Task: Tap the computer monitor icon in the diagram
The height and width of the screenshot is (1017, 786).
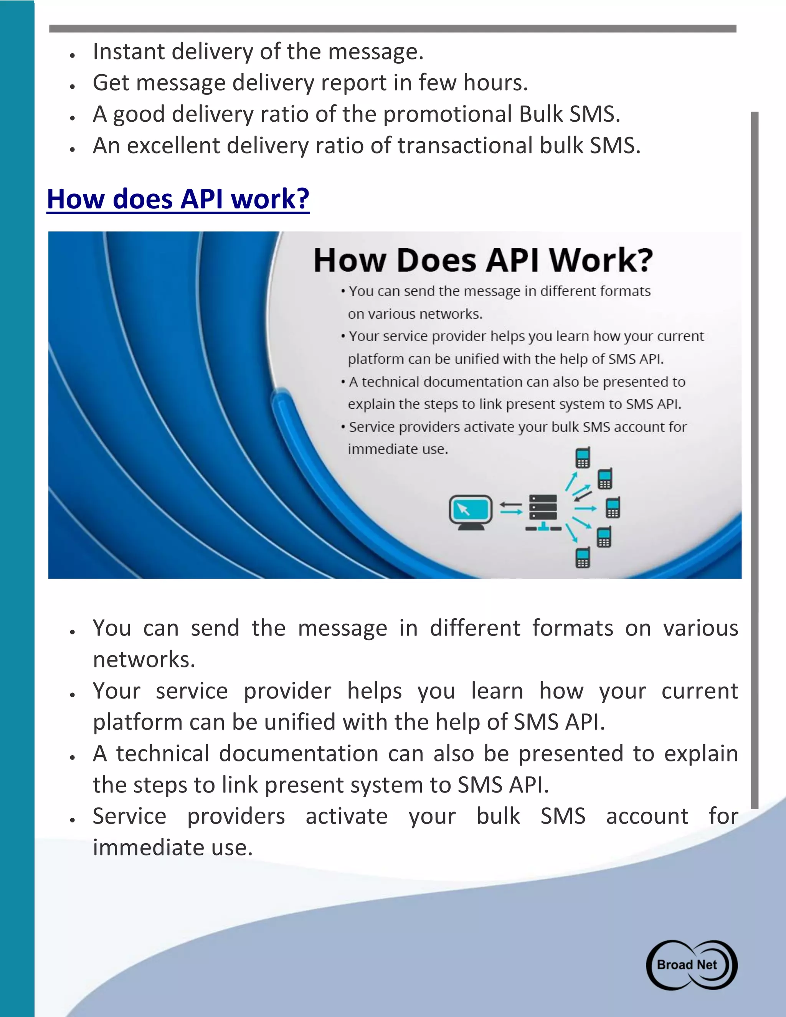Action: (x=470, y=512)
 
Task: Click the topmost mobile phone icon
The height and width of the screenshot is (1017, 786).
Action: (x=583, y=457)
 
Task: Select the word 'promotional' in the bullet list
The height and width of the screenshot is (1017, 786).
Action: (x=447, y=114)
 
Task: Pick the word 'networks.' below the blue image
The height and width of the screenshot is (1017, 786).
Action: (x=144, y=659)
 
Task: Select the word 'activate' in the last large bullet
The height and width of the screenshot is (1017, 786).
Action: (x=347, y=816)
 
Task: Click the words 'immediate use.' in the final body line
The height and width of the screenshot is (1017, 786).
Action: (x=173, y=847)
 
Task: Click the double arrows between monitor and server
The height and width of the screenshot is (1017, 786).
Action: (x=511, y=508)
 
